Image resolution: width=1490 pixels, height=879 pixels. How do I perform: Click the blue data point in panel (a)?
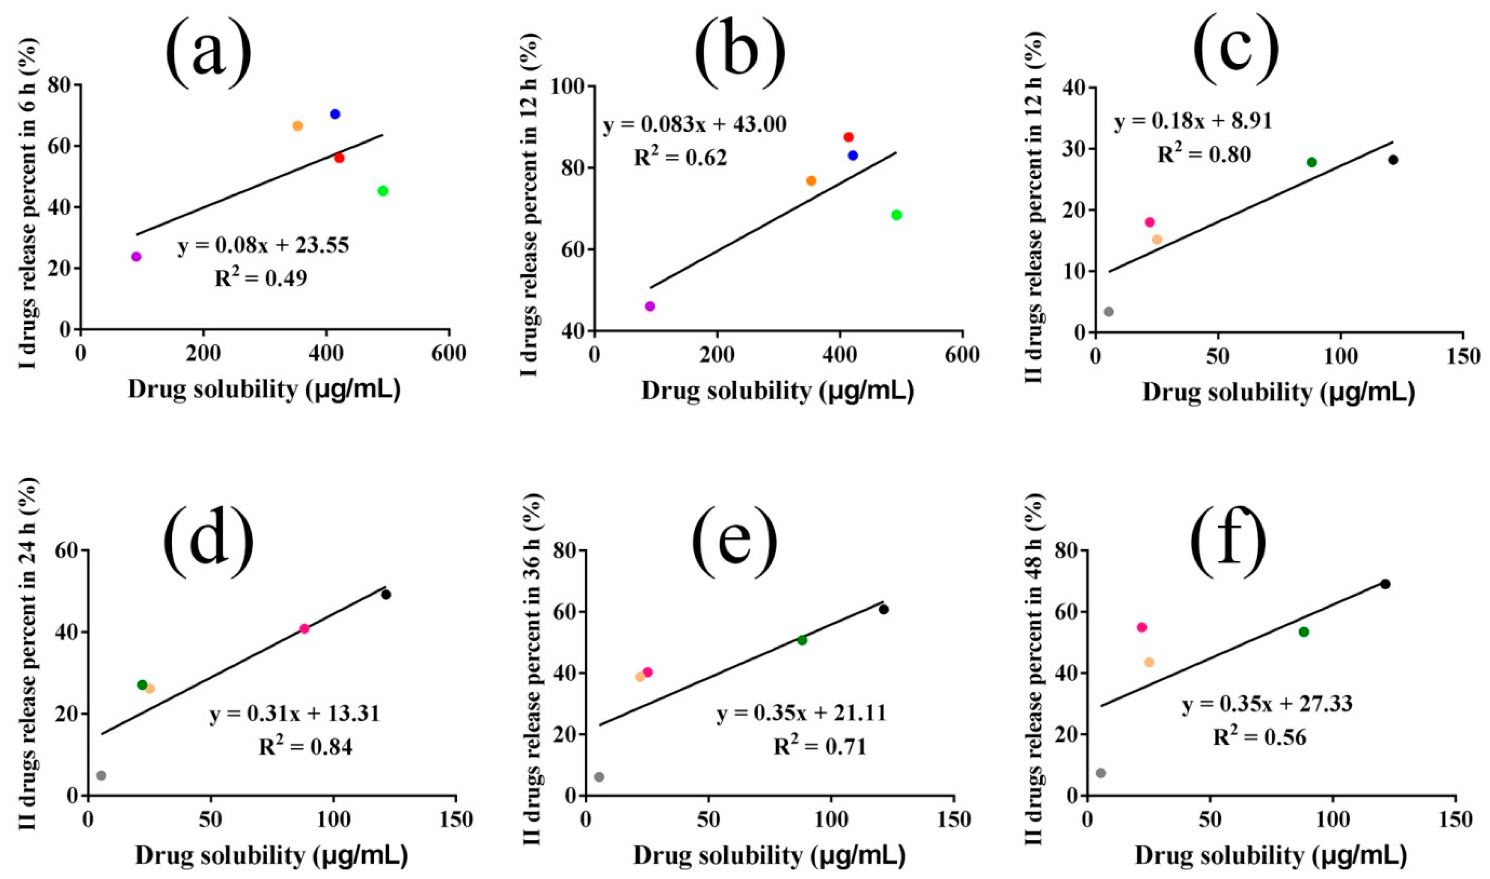pos(335,114)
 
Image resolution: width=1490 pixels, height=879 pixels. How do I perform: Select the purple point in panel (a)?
pos(136,256)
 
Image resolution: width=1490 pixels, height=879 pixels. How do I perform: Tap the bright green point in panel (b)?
pos(896,215)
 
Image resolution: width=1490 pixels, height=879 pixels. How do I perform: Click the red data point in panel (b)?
pos(849,137)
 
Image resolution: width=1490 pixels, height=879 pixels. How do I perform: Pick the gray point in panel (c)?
pos(1109,311)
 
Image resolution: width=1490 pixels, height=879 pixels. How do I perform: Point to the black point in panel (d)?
pos(386,595)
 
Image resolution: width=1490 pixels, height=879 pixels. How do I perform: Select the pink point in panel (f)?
pos(1142,627)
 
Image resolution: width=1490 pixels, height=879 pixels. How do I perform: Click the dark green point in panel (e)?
pos(802,640)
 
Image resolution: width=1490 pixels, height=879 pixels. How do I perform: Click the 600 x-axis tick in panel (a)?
pos(449,353)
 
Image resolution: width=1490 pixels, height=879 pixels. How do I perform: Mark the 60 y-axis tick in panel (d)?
pos(72,551)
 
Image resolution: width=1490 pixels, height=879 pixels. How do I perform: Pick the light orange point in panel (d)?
pos(150,688)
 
